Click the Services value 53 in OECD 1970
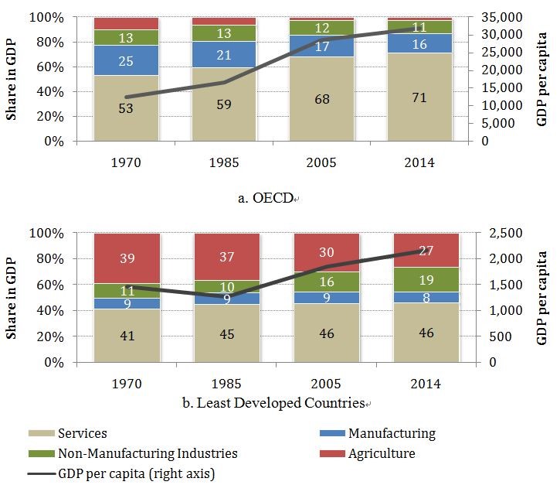126,108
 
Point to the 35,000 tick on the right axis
507,17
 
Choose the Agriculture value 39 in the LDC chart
126,258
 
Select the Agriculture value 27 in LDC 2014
425,250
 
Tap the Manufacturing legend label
392,434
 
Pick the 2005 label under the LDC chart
326,384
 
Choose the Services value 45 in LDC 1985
226,333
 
